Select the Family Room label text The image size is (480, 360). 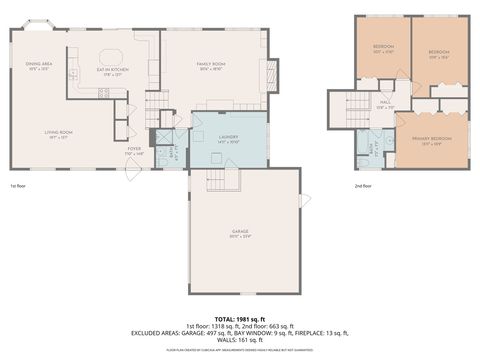click(209, 67)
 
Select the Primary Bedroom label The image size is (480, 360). click(434, 140)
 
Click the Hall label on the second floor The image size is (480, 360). click(385, 102)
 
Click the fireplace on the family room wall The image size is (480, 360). click(267, 72)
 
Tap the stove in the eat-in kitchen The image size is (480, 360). click(102, 92)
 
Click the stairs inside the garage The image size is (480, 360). click(217, 180)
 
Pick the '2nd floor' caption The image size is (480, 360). click(361, 186)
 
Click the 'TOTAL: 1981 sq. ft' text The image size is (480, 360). click(240, 317)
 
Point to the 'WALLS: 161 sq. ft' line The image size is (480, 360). click(240, 339)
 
